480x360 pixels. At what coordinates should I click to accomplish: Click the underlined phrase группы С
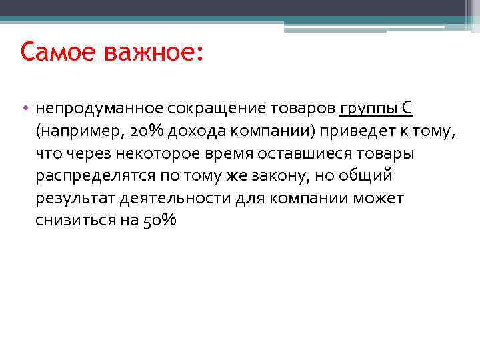[x=376, y=108]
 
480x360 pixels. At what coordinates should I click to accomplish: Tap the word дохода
[x=192, y=131]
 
